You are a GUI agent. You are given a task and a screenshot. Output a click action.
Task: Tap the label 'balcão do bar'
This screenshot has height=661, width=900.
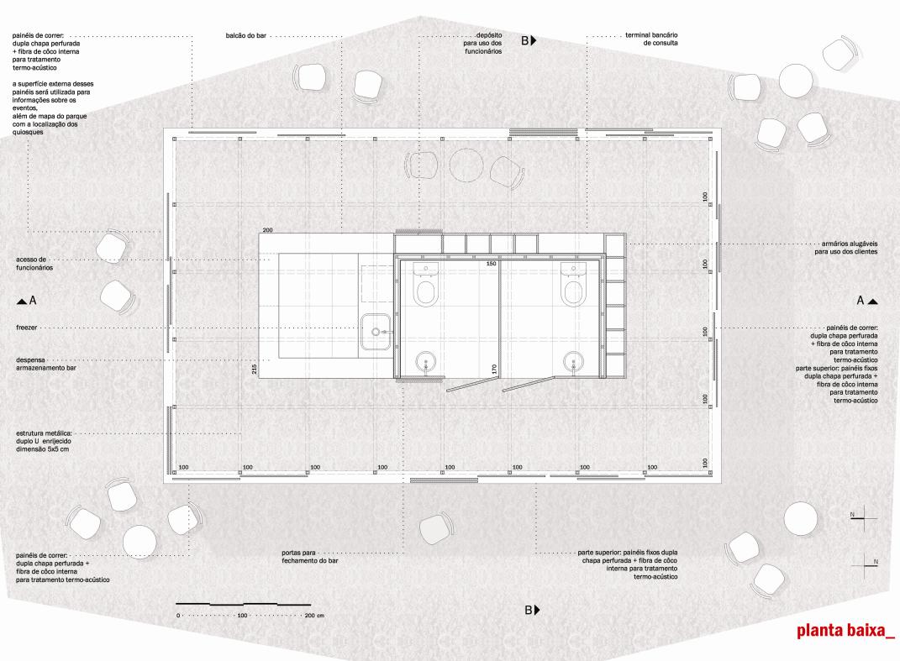point(245,35)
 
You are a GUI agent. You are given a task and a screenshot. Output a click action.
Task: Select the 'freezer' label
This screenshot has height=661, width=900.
point(26,328)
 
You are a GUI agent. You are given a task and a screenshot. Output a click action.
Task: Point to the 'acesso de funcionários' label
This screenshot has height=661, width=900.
point(34,264)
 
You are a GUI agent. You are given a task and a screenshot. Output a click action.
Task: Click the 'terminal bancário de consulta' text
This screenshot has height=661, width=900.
point(651,39)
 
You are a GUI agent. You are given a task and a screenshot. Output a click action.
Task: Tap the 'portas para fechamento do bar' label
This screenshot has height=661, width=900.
point(310,557)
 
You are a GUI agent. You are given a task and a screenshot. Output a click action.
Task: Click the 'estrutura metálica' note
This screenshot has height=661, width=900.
point(44,441)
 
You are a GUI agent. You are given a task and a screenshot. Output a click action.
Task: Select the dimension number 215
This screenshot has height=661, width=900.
point(255,369)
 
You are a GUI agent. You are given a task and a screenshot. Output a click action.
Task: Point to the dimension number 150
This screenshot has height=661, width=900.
point(492,264)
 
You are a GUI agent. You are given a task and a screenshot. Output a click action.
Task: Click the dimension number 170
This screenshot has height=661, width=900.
point(493,369)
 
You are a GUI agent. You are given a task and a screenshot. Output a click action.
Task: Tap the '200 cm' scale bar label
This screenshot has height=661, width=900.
point(314,616)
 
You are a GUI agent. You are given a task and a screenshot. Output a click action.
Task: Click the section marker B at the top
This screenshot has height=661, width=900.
point(529,40)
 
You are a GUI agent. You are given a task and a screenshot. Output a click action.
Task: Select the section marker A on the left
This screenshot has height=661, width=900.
point(27,300)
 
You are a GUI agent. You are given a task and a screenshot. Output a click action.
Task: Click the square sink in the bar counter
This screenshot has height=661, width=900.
point(376,332)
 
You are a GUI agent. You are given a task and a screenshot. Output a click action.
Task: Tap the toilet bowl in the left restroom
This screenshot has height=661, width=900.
point(425,291)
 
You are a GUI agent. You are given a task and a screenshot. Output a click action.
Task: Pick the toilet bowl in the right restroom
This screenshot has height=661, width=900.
point(573,291)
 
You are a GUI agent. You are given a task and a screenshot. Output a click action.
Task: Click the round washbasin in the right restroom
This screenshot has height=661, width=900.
point(573,361)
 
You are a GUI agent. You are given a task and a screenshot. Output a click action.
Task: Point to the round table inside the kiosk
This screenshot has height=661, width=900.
point(466,165)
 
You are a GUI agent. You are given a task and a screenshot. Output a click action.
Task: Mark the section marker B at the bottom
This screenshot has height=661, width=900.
point(532,610)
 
